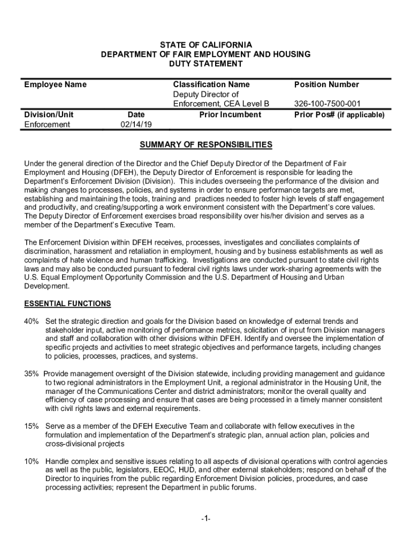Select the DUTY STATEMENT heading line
206,64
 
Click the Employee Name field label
56,85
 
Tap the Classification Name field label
211,85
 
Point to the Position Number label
326,85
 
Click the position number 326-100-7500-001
327,104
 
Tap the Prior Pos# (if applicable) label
339,115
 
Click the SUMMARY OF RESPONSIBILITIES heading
206,145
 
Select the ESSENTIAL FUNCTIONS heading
68,304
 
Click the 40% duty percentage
32,321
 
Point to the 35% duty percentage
32,374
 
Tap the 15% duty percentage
32,426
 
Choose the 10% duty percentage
32,461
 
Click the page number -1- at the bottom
206,519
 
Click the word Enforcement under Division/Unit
48,125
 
